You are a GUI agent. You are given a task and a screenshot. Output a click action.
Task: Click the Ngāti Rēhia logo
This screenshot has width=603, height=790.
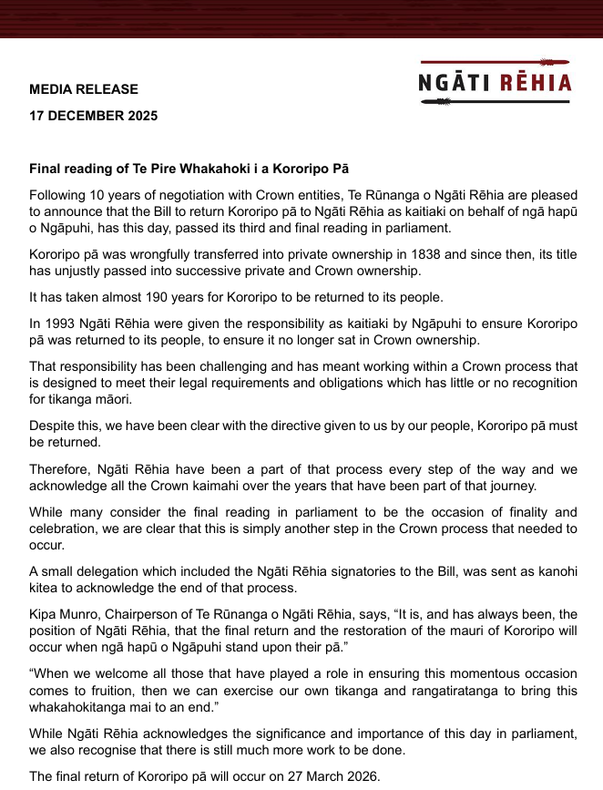coord(495,82)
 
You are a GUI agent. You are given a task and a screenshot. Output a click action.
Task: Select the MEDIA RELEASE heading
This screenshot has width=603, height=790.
coord(84,89)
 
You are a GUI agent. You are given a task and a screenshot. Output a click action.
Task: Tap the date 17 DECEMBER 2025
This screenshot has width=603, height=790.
coord(93,116)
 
